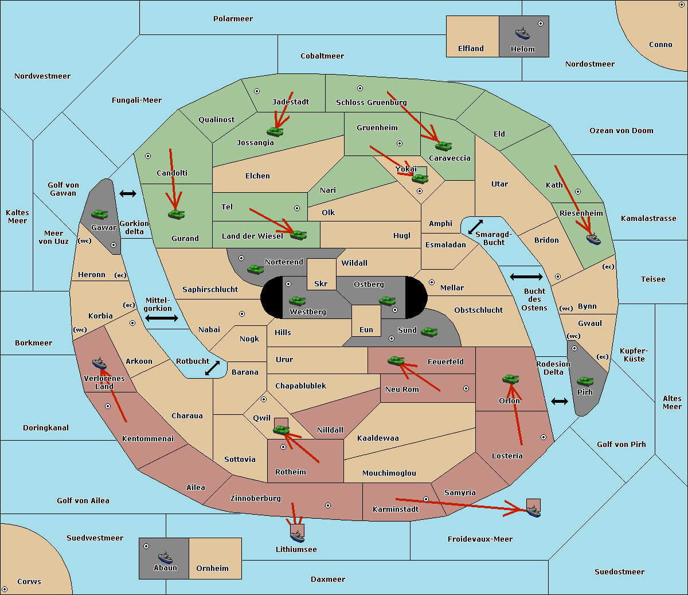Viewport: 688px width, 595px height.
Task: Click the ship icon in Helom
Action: pyautogui.click(x=522, y=33)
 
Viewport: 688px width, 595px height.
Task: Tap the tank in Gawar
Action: pyautogui.click(x=100, y=214)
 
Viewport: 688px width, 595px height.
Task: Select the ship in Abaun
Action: pyautogui.click(x=165, y=557)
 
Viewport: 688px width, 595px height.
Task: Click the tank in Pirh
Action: pyautogui.click(x=585, y=381)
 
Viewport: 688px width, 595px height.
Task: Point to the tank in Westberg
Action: pyautogui.click(x=297, y=301)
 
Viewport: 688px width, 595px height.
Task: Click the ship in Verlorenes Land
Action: pyautogui.click(x=99, y=363)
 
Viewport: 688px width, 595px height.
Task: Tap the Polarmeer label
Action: pyautogui.click(x=233, y=19)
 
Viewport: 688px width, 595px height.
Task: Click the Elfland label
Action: pyautogui.click(x=471, y=49)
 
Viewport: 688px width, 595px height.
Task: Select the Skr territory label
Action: pyautogui.click(x=321, y=283)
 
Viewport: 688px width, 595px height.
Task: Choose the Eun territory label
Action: pyautogui.click(x=366, y=329)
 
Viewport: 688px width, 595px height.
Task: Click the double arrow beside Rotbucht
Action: pyautogui.click(x=212, y=368)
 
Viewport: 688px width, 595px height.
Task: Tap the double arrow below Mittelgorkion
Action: pyautogui.click(x=162, y=318)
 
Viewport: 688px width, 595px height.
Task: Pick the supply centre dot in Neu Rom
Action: pyautogui.click(x=466, y=388)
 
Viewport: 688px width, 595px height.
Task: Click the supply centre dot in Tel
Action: pyautogui.click(x=297, y=208)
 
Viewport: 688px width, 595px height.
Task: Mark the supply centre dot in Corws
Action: pyautogui.click(x=5, y=589)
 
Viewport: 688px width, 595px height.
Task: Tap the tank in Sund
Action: pyautogui.click(x=429, y=332)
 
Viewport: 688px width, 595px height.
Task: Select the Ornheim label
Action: pyautogui.click(x=212, y=568)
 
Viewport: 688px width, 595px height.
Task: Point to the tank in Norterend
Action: pyautogui.click(x=255, y=269)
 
